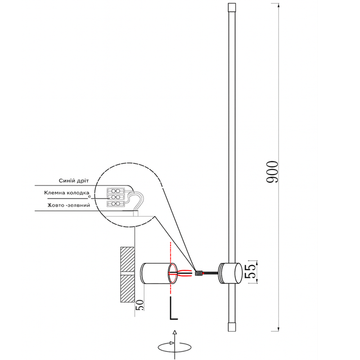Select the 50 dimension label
(139, 306)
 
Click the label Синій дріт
(74, 180)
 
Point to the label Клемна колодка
(67, 193)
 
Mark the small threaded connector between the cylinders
(198, 273)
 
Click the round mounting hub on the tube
(230, 273)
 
